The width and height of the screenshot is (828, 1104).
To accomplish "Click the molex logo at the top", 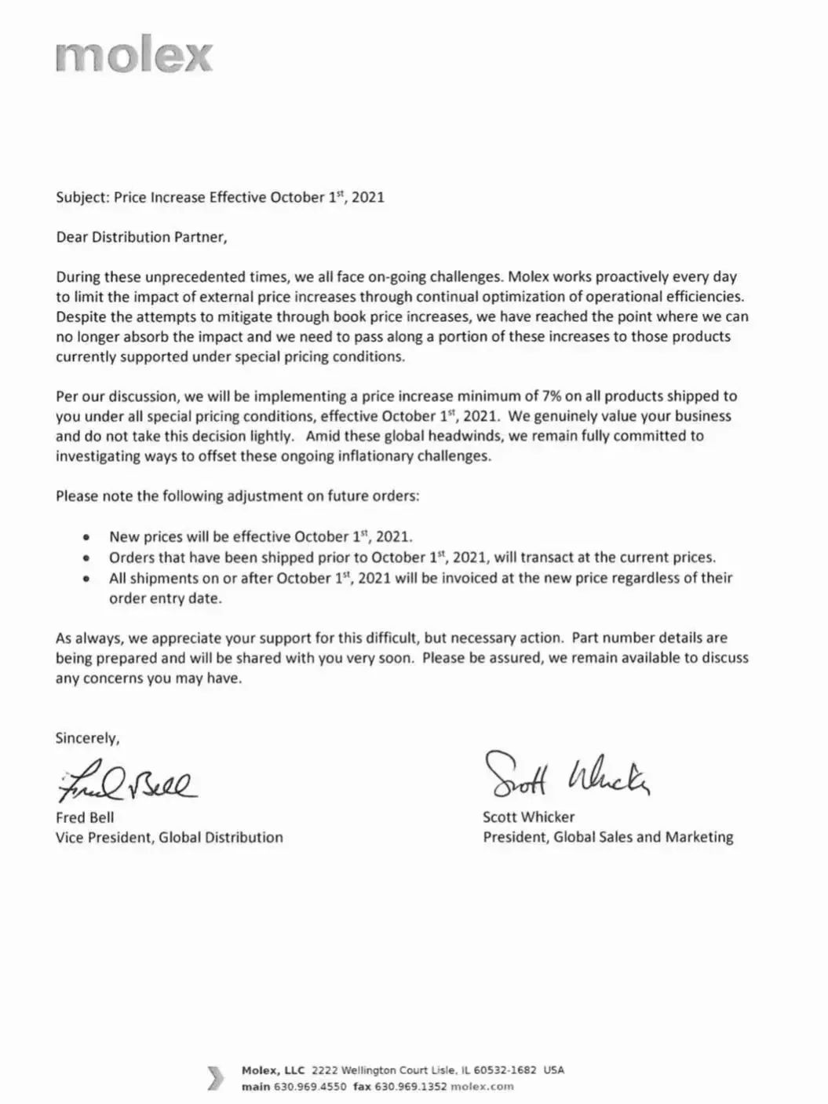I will pos(134,56).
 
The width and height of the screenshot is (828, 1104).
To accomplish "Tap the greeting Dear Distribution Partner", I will pos(141,237).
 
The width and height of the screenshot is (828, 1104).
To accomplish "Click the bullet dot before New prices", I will pos(86,539).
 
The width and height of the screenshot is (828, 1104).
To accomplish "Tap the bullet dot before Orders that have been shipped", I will pos(86,559).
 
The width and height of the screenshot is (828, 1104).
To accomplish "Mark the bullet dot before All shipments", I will pos(86,579).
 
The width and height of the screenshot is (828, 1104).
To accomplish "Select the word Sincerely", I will pos(87,738).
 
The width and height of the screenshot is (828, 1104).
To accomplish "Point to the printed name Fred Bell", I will pos(85,817).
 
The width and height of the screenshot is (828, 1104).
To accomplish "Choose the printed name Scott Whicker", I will pos(528,817).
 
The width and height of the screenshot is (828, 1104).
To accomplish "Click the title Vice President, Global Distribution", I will pos(169,838).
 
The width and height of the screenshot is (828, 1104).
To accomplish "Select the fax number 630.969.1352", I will pos(410,1087).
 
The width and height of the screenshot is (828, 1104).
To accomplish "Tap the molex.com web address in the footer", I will pos(482,1087).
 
